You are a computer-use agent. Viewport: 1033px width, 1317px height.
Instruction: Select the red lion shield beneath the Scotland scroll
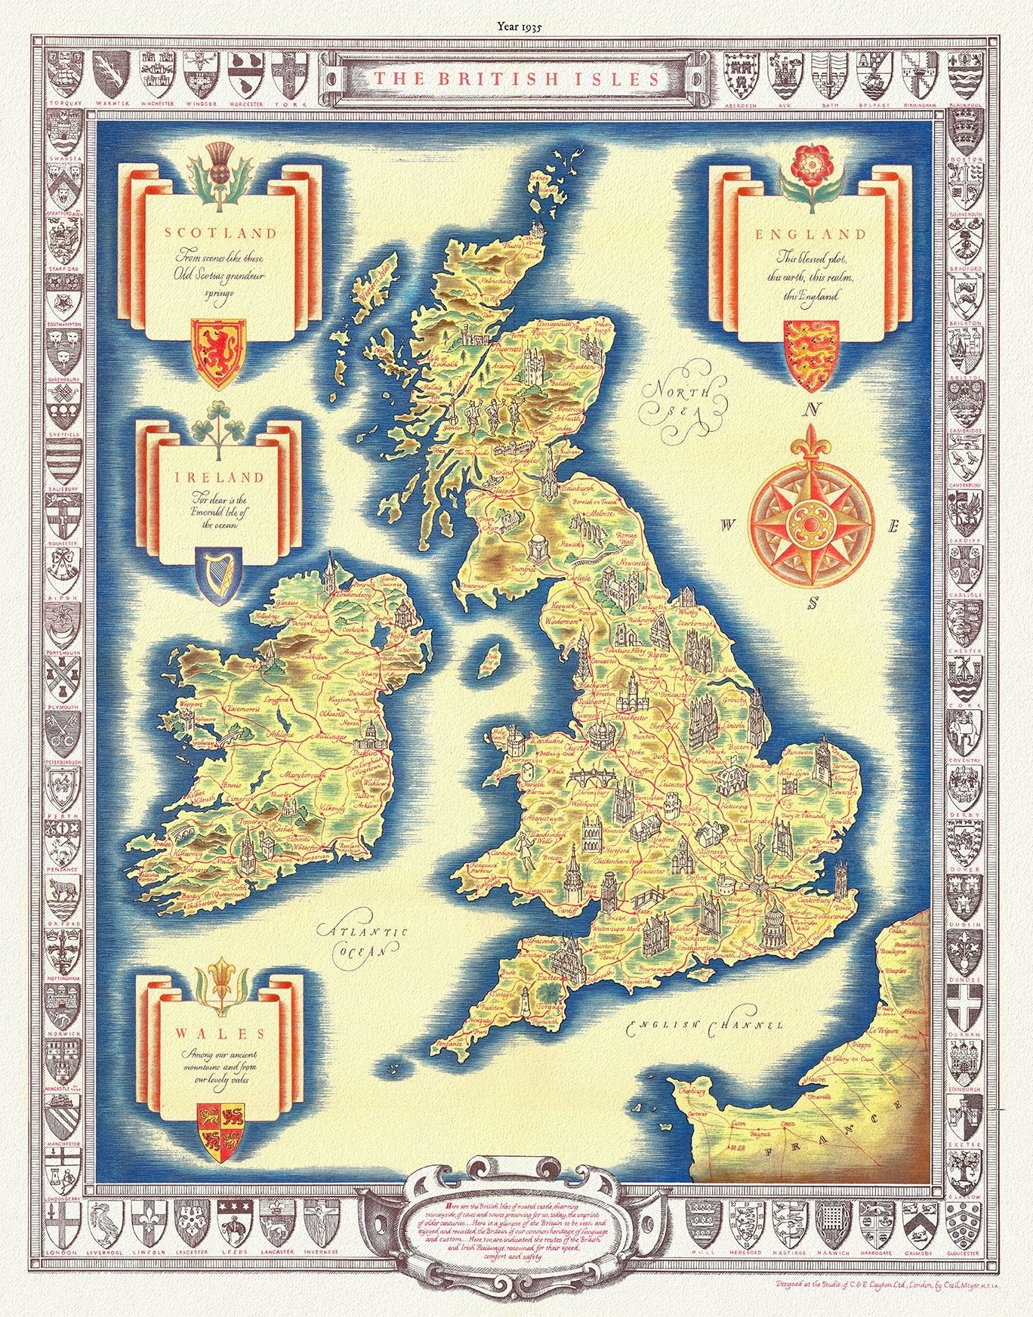coord(215,352)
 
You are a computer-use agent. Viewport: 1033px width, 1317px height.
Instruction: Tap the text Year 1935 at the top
coord(516,25)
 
